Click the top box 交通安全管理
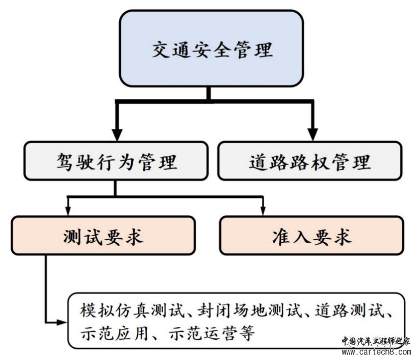212,50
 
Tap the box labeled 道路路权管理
310,162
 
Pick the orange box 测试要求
103,236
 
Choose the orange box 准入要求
311,237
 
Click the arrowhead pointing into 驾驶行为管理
117,135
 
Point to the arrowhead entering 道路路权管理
311,135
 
